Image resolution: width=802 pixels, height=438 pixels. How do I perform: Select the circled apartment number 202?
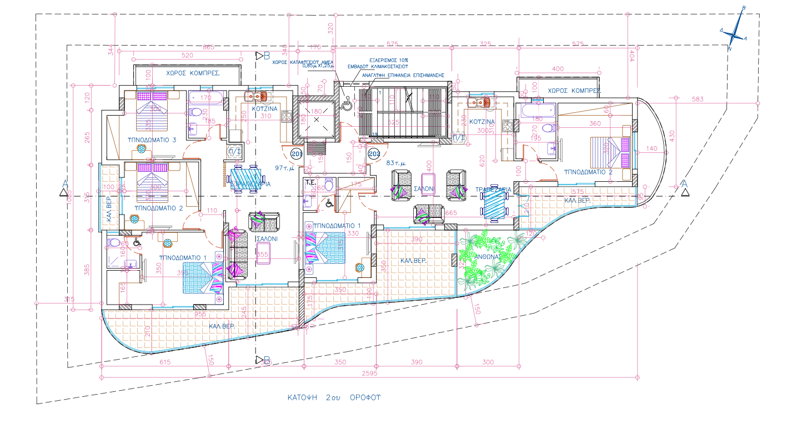tap(374, 153)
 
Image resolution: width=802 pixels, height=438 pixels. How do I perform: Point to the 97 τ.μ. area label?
tap(284, 167)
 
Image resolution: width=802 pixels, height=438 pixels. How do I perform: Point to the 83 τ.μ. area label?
tap(396, 163)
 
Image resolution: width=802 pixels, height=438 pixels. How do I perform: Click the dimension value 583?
tap(698, 99)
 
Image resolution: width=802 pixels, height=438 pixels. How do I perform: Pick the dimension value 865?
tap(208, 47)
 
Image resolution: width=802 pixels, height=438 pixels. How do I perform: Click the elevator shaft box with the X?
tap(317, 119)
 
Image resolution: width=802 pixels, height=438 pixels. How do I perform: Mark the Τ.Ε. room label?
tap(310, 182)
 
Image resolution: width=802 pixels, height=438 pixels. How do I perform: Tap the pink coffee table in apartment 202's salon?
tap(428, 183)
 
